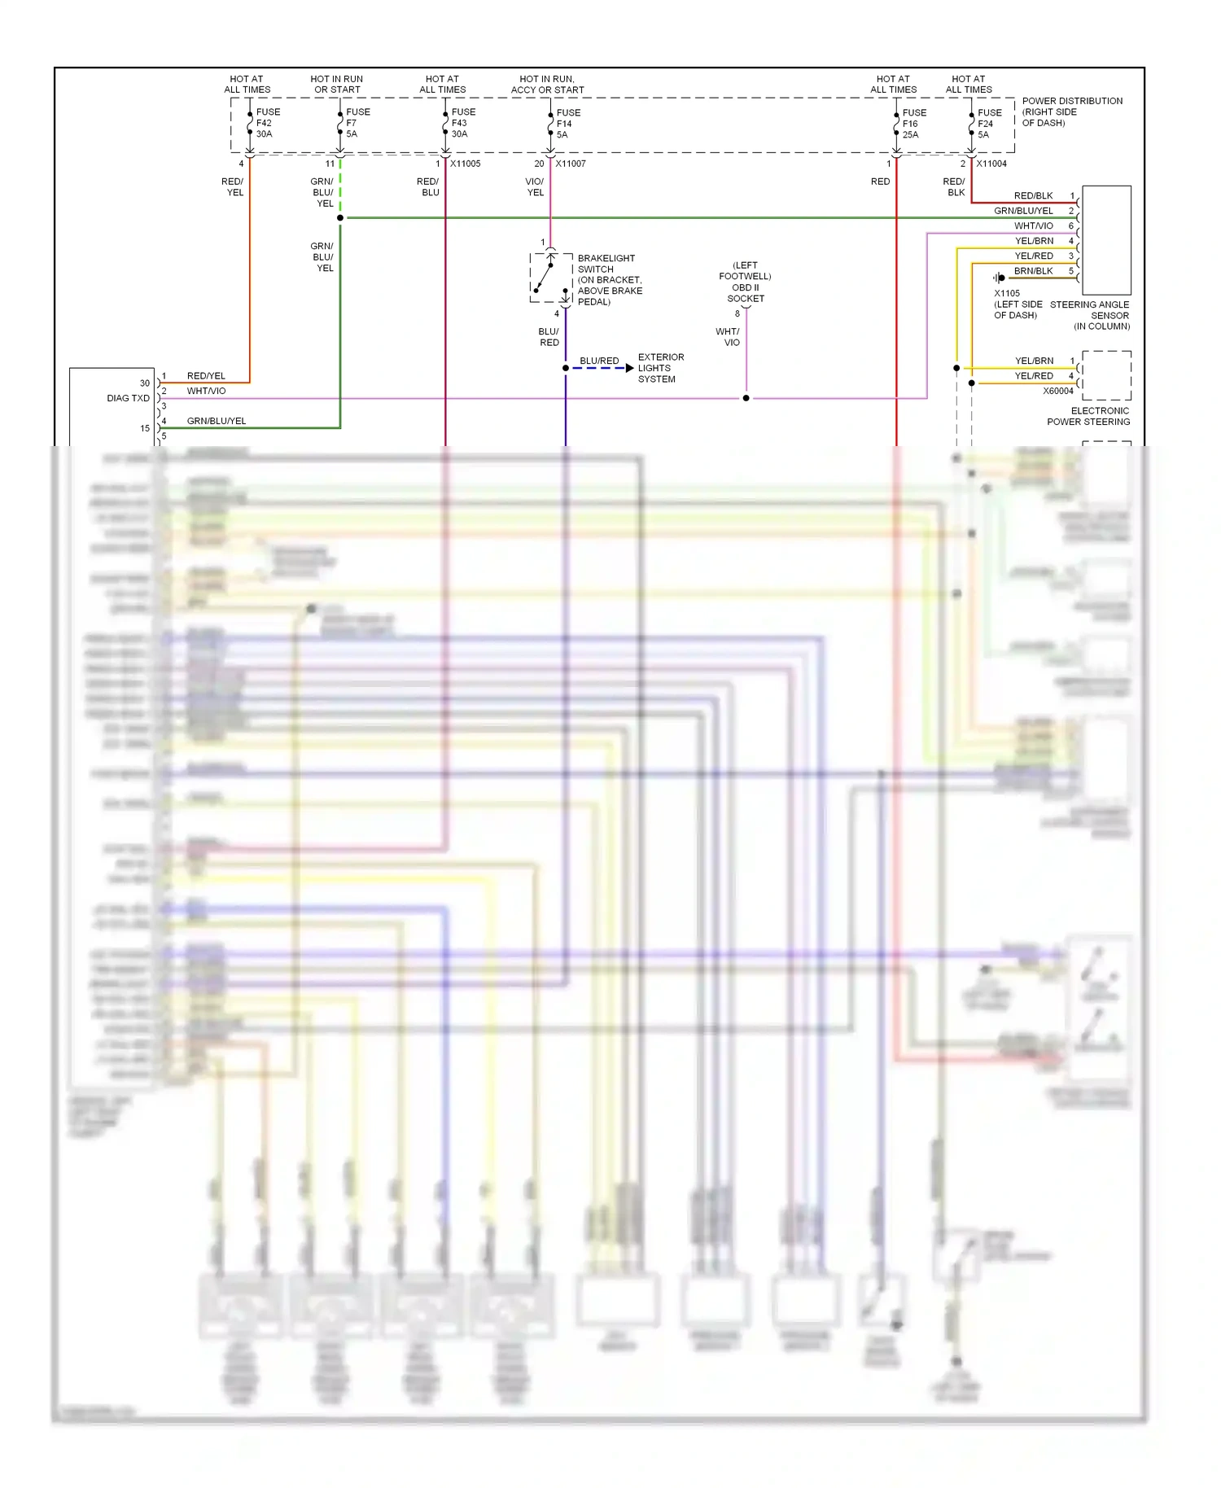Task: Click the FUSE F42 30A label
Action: click(267, 123)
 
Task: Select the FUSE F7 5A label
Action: click(357, 123)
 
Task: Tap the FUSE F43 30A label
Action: click(462, 123)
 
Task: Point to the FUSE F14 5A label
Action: click(567, 124)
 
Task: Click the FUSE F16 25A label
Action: click(913, 124)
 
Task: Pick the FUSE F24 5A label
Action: click(989, 124)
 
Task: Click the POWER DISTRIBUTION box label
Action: click(1071, 112)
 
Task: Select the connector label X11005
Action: click(465, 164)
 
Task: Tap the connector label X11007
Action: click(571, 164)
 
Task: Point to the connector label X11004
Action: click(991, 164)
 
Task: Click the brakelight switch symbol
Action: click(551, 278)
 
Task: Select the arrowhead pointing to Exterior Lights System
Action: click(629, 368)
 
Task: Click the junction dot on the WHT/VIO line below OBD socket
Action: click(746, 398)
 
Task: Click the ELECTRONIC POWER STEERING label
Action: click(1088, 416)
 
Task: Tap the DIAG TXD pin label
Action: click(128, 398)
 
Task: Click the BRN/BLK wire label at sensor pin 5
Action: click(1033, 271)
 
